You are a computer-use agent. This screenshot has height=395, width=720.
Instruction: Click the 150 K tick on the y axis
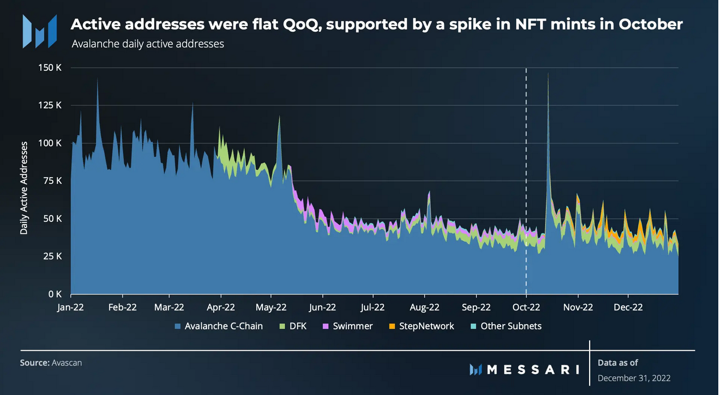[x=49, y=68]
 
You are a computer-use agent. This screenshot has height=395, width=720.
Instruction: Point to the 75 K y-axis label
[x=52, y=180]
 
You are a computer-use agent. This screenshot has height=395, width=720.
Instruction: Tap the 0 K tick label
[x=54, y=294]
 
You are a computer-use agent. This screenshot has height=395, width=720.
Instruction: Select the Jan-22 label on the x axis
[x=71, y=307]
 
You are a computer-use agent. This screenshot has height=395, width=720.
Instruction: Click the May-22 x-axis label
[x=272, y=307]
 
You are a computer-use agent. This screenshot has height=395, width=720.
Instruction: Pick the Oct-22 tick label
[x=527, y=307]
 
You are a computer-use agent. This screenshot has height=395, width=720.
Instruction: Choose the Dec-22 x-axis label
[x=629, y=307]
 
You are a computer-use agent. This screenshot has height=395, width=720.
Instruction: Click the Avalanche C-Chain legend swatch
[x=179, y=326]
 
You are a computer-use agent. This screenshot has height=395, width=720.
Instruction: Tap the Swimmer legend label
[x=353, y=326]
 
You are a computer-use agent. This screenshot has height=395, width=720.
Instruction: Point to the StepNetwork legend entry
[x=426, y=326]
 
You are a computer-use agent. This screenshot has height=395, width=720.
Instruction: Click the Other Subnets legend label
[x=511, y=326]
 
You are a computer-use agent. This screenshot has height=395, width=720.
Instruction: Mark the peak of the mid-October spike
[x=548, y=73]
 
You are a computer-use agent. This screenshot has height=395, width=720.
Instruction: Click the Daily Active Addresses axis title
[x=24, y=188]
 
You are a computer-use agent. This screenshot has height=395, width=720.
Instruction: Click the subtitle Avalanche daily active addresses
[x=148, y=44]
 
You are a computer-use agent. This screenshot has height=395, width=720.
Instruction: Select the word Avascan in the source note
[x=66, y=362]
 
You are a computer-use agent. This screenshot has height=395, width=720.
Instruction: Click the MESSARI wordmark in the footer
[x=533, y=369]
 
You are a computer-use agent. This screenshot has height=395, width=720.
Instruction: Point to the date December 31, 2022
[x=635, y=378]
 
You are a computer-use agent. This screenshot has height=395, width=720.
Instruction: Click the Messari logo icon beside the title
[x=39, y=31]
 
